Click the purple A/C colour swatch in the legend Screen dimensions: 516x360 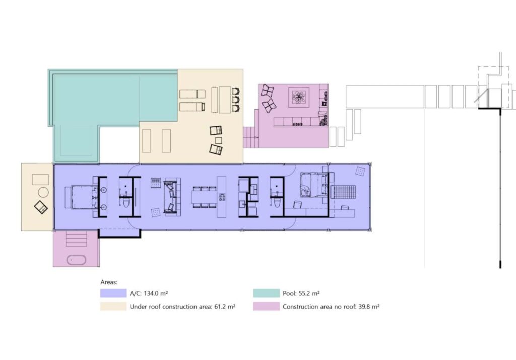(113, 293)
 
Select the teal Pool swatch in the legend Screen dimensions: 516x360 (266, 293)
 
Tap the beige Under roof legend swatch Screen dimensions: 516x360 (113, 307)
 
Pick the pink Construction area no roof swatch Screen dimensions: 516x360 (266, 307)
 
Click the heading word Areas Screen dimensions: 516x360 (109, 282)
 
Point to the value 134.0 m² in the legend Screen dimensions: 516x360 (156, 293)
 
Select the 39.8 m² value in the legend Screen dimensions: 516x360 (369, 307)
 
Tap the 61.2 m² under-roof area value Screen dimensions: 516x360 (225, 307)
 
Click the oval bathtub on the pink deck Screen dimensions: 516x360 (77, 260)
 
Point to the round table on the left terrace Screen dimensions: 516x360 (43, 192)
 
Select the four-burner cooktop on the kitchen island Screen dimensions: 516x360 (222, 197)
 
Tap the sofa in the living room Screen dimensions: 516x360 (172, 197)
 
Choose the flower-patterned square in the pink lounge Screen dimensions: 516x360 (299, 97)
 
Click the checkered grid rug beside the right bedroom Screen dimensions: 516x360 (343, 192)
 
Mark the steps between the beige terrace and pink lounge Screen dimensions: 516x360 (251, 137)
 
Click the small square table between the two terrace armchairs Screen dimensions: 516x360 (219, 140)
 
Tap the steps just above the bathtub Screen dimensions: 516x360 (77, 239)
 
